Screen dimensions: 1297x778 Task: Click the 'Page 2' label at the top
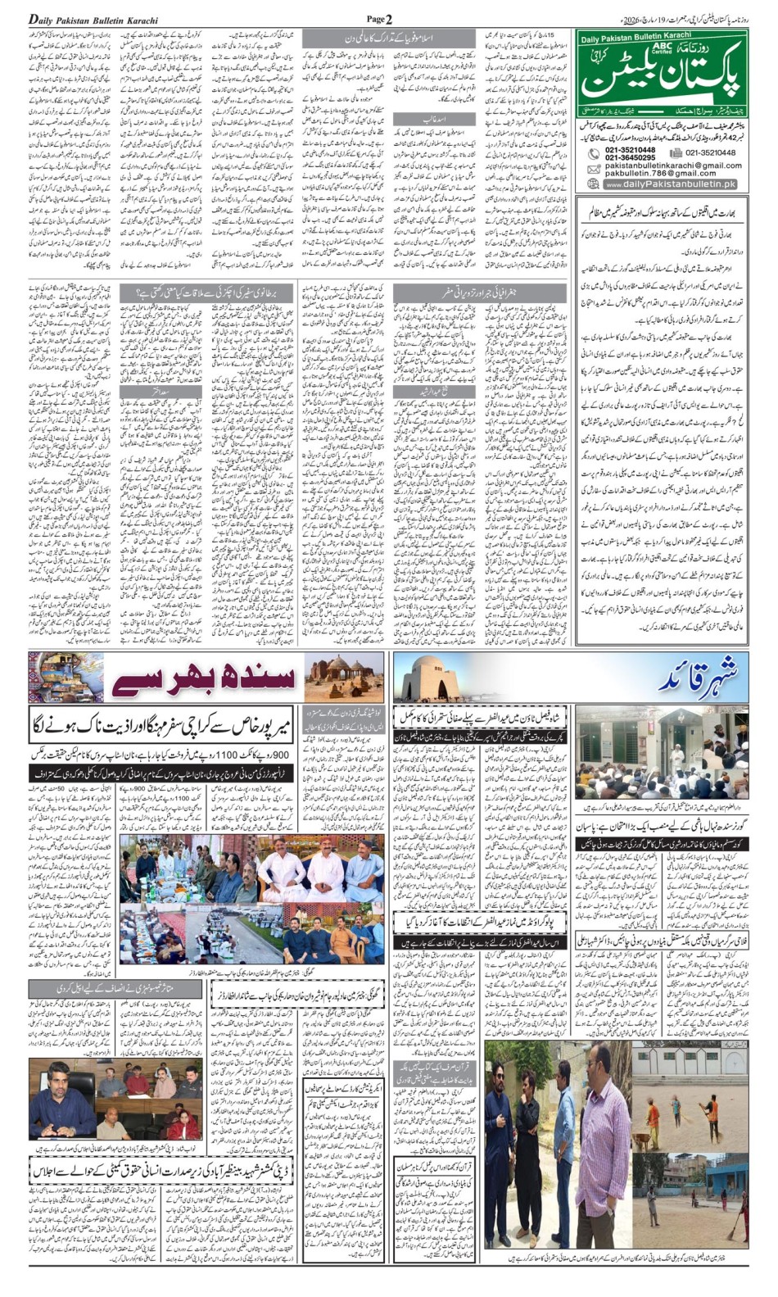(x=379, y=19)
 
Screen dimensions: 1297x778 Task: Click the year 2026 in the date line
(x=632, y=19)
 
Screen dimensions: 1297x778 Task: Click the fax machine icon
(x=676, y=152)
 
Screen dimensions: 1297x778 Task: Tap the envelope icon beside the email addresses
(x=594, y=169)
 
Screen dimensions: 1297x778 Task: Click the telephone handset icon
(x=593, y=153)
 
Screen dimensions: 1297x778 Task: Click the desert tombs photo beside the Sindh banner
(x=343, y=677)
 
